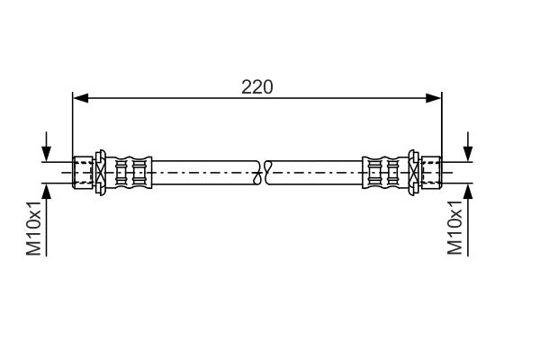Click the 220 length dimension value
256,86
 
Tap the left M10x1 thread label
34,229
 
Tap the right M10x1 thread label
455,229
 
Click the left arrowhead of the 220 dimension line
78,96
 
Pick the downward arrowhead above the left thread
46,154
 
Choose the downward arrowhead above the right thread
468,154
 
